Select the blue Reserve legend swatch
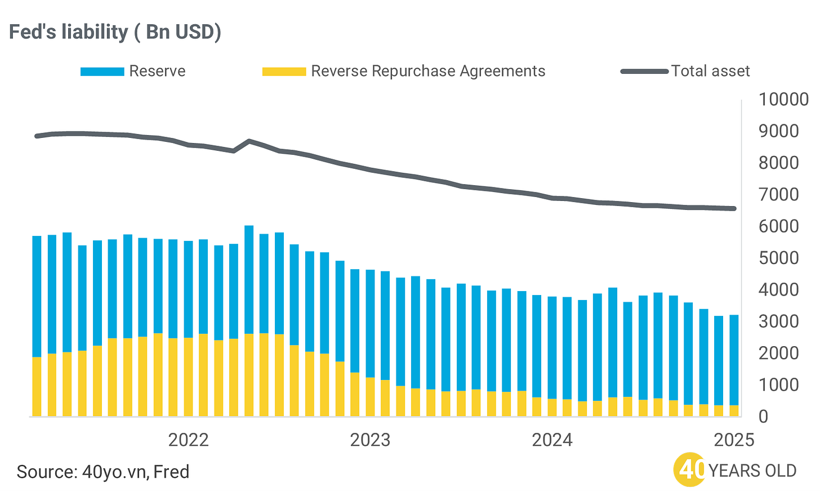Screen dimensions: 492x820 coord(102,71)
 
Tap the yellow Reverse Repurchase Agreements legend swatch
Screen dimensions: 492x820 coord(284,71)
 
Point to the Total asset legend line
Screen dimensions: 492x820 coord(645,71)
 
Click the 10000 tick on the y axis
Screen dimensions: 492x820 coord(783,100)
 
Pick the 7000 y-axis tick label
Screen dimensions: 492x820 coord(783,195)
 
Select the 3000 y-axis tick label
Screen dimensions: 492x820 coord(783,321)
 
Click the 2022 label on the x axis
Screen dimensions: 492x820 coord(189,440)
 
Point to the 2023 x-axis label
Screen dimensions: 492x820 coord(370,440)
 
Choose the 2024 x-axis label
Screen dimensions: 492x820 coord(552,440)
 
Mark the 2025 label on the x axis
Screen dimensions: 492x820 coord(734,440)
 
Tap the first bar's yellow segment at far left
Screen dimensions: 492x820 coord(37,387)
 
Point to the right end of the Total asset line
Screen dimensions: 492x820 coord(734,208)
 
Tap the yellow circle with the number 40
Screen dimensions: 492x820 coord(689,469)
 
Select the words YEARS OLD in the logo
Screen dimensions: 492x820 coord(752,471)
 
